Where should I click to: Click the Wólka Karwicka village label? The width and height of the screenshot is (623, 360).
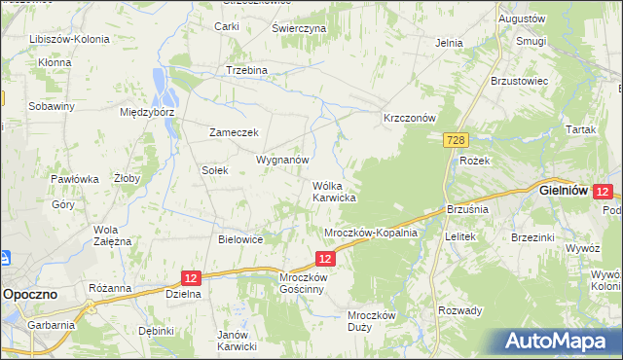coord(333,191)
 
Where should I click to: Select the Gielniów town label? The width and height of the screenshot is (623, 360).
coord(561,192)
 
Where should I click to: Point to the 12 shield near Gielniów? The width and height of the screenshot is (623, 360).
coord(603,193)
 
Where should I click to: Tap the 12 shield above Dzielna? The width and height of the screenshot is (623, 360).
coord(191,277)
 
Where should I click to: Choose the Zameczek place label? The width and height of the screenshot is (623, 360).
coord(233,132)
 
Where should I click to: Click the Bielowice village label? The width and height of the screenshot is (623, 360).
coord(241,238)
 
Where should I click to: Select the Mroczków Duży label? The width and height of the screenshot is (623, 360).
coord(371,321)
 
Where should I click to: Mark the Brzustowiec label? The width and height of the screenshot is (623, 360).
coord(521,81)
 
